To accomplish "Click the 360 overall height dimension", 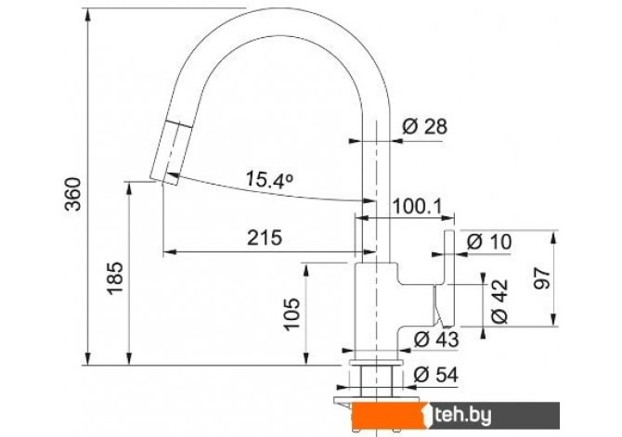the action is tap(73, 194).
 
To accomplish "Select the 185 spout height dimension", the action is tap(115, 278).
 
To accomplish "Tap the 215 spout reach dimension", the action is tap(265, 238).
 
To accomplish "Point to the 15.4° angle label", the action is tap(269, 179).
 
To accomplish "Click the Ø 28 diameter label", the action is tap(424, 126).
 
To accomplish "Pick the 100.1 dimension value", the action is tap(417, 206).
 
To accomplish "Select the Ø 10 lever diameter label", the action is tap(489, 241).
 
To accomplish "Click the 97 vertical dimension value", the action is tap(542, 278).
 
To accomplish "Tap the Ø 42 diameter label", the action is tap(499, 302).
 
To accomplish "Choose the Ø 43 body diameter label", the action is tap(436, 340).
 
